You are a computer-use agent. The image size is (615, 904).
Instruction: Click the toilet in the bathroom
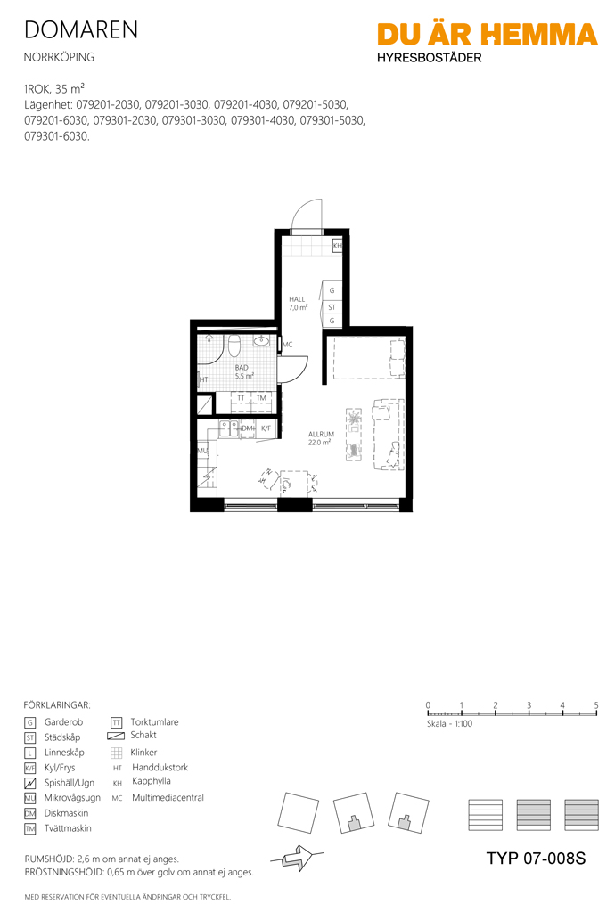(x=234, y=346)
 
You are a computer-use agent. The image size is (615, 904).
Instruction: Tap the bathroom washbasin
(x=262, y=341)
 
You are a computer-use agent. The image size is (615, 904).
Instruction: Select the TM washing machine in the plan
(x=261, y=402)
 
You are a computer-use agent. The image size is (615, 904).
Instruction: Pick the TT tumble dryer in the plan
(x=242, y=402)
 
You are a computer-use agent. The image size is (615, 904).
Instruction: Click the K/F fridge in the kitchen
(x=266, y=428)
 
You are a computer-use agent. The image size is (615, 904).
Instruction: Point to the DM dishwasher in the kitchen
(x=248, y=428)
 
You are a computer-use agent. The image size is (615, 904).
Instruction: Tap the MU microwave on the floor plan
(x=202, y=451)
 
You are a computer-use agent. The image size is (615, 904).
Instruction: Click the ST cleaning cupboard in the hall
(x=332, y=307)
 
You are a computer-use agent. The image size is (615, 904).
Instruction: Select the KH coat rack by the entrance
(x=338, y=246)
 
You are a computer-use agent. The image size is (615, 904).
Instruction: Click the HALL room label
(x=297, y=299)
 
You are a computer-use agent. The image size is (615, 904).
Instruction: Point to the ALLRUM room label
(x=321, y=434)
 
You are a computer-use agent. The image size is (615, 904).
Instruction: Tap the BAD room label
(x=242, y=367)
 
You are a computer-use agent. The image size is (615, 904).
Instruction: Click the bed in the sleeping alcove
(x=366, y=358)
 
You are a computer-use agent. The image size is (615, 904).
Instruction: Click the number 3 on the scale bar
(x=529, y=705)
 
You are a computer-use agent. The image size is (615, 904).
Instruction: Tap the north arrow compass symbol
(x=299, y=858)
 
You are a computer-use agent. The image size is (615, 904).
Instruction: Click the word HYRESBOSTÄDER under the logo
(x=430, y=58)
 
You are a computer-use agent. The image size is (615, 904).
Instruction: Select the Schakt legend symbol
(x=116, y=736)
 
